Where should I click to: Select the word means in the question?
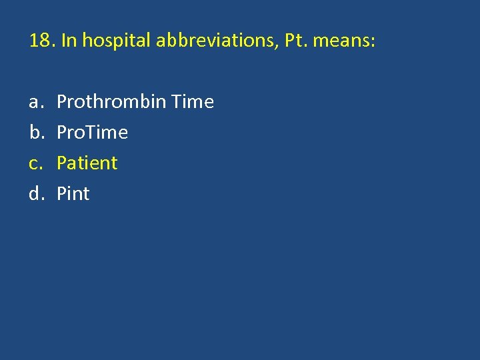point(343,41)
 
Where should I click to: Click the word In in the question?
point(68,41)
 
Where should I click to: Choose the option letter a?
point(34,102)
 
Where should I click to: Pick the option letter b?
point(34,133)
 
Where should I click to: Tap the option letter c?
point(34,163)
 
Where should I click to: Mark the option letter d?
point(34,194)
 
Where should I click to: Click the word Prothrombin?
point(111,102)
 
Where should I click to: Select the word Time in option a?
point(193,102)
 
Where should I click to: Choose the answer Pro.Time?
point(92,133)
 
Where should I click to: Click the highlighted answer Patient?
point(87,163)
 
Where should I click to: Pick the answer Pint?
point(73,194)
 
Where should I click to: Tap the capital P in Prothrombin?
point(62,102)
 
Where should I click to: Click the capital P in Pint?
point(62,194)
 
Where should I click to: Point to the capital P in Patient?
point(62,163)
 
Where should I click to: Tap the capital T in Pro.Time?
point(91,133)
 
